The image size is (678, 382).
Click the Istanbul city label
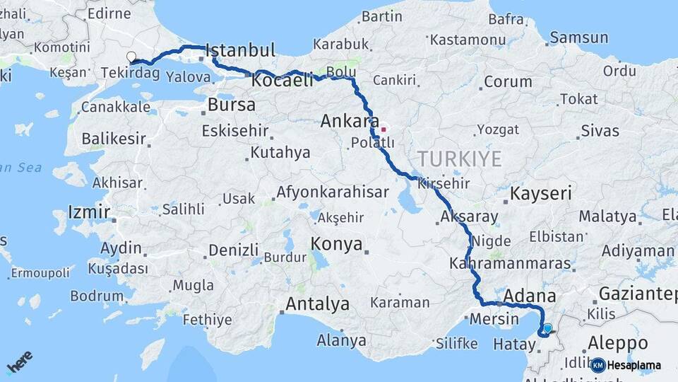click(240, 50)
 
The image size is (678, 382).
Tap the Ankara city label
click(350, 121)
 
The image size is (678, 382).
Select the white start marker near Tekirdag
click(131, 57)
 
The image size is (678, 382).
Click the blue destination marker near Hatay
click(547, 328)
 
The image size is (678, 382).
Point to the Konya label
click(336, 245)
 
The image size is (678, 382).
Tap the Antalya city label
click(317, 304)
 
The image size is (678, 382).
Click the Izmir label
click(89, 212)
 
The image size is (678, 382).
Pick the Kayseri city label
click(541, 193)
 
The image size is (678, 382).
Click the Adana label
click(530, 296)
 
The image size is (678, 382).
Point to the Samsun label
click(578, 37)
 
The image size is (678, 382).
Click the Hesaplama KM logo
click(626, 365)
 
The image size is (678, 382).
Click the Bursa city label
click(232, 105)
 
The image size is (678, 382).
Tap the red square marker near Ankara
click(383, 129)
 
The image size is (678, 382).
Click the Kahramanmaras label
click(509, 263)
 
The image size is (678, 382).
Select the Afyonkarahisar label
click(332, 192)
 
